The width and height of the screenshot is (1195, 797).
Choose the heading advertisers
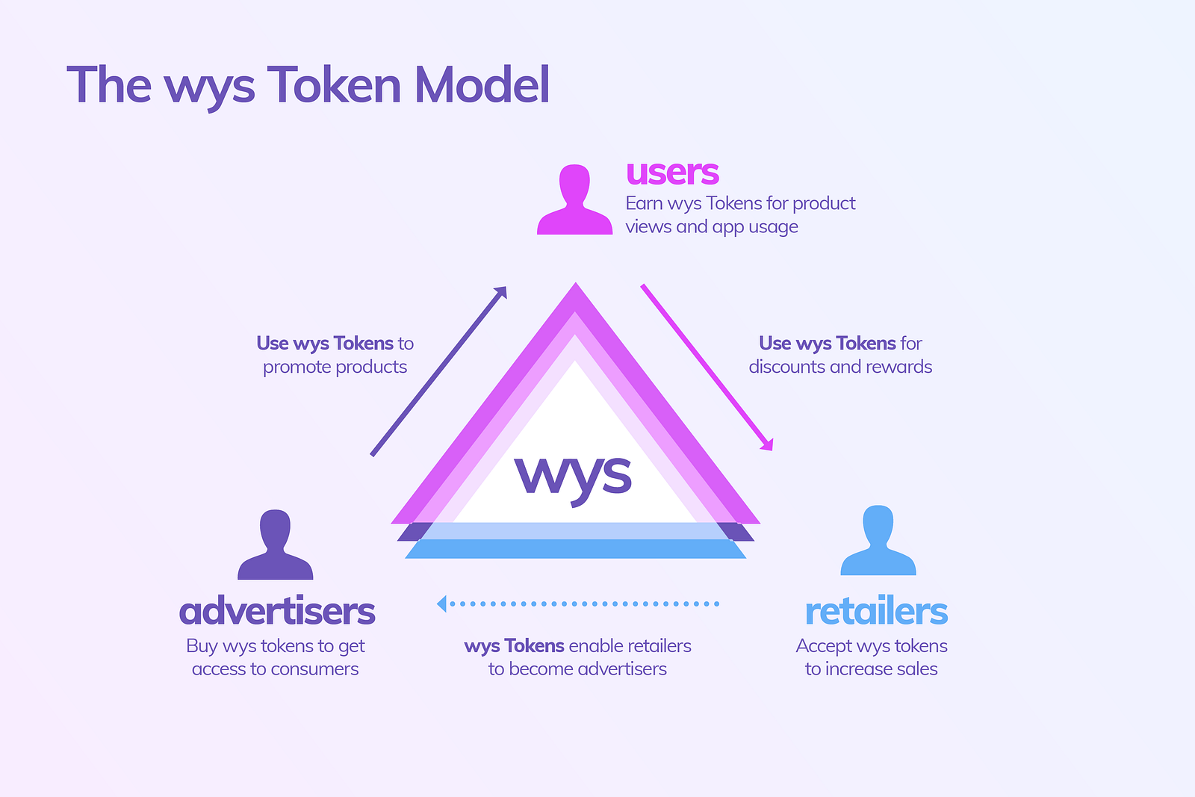277,611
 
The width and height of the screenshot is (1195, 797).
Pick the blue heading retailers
876,612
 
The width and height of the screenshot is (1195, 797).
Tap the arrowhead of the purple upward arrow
501,292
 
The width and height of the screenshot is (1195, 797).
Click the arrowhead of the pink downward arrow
767,444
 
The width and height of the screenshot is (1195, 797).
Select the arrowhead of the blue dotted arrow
441,604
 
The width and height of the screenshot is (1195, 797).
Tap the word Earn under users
644,203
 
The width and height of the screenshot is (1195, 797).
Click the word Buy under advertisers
202,646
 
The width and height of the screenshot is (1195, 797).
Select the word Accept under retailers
824,646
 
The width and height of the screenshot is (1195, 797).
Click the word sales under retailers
917,669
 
